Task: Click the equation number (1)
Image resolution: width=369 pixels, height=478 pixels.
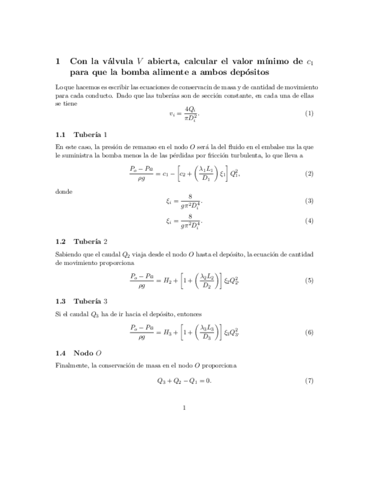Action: click(309, 113)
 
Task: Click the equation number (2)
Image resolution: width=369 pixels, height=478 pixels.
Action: click(309, 174)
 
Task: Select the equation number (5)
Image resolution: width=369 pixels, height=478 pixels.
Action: click(309, 280)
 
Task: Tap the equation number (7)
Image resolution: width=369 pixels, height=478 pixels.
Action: click(309, 381)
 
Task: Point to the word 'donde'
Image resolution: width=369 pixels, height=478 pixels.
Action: click(64, 192)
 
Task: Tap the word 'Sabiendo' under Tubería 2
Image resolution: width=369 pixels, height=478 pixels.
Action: click(69, 254)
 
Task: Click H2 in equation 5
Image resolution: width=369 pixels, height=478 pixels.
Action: click(168, 280)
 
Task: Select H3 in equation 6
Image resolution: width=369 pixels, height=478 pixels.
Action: click(168, 333)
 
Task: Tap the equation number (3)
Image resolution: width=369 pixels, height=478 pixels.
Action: click(309, 201)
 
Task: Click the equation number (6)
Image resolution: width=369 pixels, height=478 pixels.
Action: click(309, 333)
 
